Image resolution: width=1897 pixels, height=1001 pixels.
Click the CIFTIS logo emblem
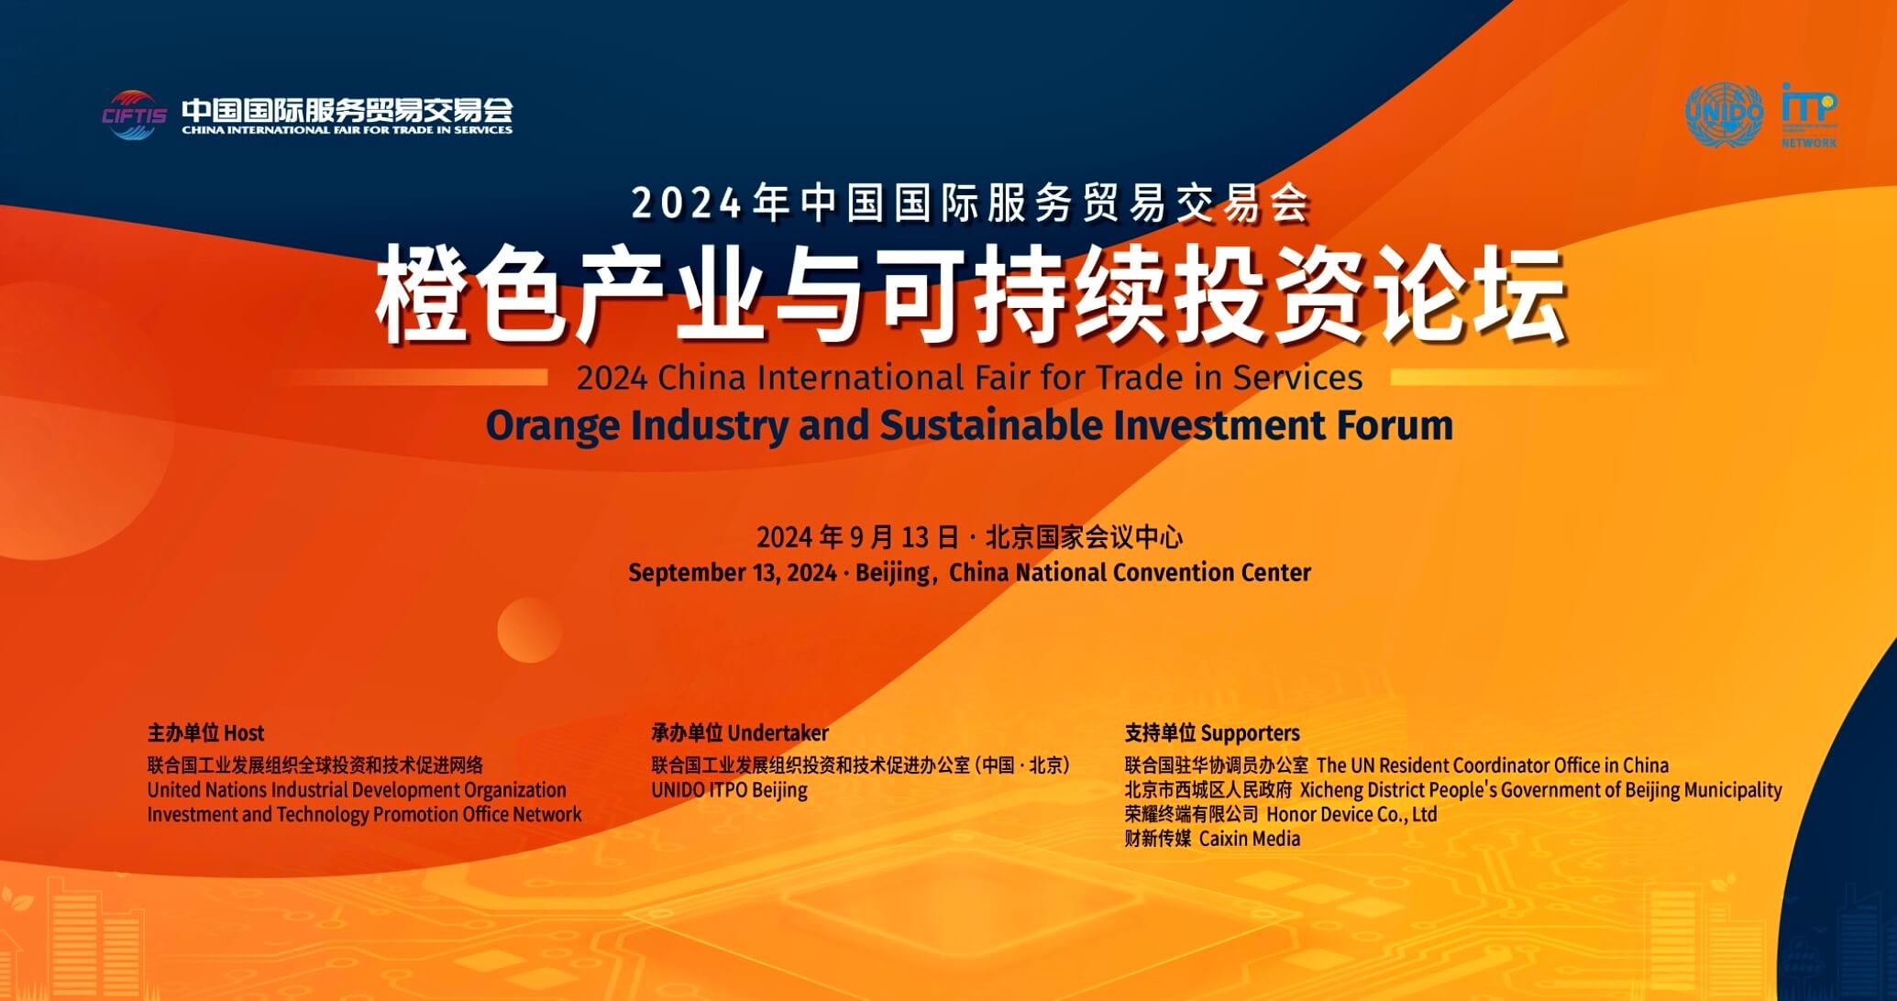click(x=134, y=115)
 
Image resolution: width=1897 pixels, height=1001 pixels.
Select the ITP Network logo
click(x=1809, y=115)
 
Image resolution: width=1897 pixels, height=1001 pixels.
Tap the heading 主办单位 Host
click(x=205, y=733)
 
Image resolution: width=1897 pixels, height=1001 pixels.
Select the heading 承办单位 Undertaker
click(x=740, y=733)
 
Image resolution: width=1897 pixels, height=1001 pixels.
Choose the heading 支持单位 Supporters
click(x=1212, y=733)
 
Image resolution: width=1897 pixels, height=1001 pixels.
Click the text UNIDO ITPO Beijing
click(x=729, y=790)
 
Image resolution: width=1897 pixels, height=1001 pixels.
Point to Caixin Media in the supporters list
click(x=1250, y=839)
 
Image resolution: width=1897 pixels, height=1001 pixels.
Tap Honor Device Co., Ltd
click(x=1351, y=814)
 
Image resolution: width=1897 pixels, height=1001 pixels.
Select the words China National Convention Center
click(x=1130, y=573)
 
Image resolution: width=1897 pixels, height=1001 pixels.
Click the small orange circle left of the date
click(x=529, y=630)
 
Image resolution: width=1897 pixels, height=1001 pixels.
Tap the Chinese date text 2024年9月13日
click(x=857, y=537)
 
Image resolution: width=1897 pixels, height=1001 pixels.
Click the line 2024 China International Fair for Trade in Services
click(x=969, y=378)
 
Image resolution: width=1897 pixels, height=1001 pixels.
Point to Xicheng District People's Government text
click(x=1540, y=790)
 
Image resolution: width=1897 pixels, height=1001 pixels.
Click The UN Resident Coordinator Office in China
click(x=1493, y=765)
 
